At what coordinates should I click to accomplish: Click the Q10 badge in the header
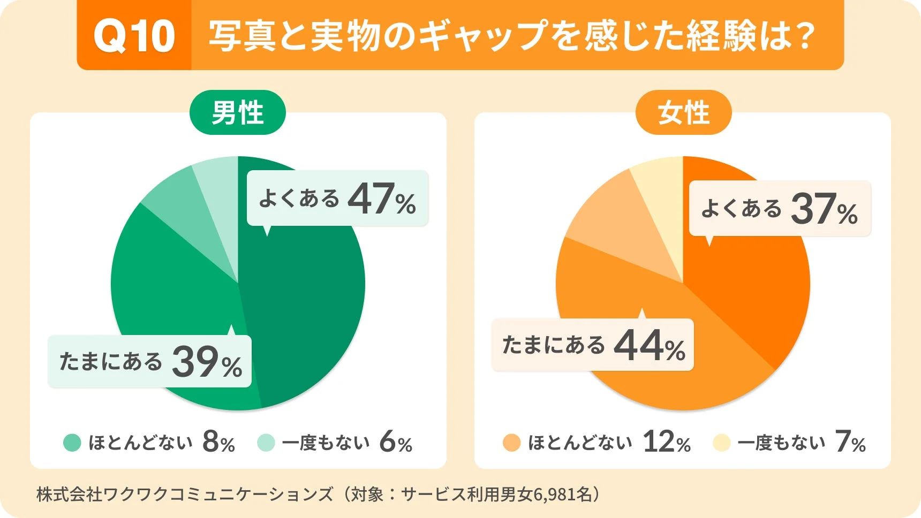tap(134, 36)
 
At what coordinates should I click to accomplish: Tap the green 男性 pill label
tap(238, 113)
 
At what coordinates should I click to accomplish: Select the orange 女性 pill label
tap(683, 113)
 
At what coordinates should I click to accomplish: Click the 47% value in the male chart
tap(381, 199)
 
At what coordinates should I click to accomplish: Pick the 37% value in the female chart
tap(824, 209)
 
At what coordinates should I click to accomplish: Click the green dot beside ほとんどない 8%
tap(72, 443)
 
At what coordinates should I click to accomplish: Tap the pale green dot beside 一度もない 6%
tap(266, 443)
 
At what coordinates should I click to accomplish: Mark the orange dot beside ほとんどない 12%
tap(511, 443)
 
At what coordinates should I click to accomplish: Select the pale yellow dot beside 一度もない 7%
tap(721, 443)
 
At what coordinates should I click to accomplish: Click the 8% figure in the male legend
tap(218, 443)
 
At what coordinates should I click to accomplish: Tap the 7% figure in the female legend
tap(850, 443)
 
